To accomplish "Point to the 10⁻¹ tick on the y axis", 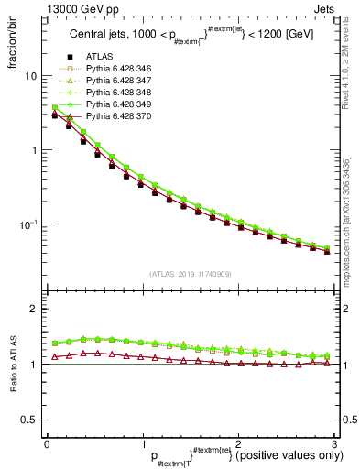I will tap(27, 224).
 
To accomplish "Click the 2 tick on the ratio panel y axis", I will tap(34, 309).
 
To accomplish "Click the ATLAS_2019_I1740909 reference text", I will tap(190, 274).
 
